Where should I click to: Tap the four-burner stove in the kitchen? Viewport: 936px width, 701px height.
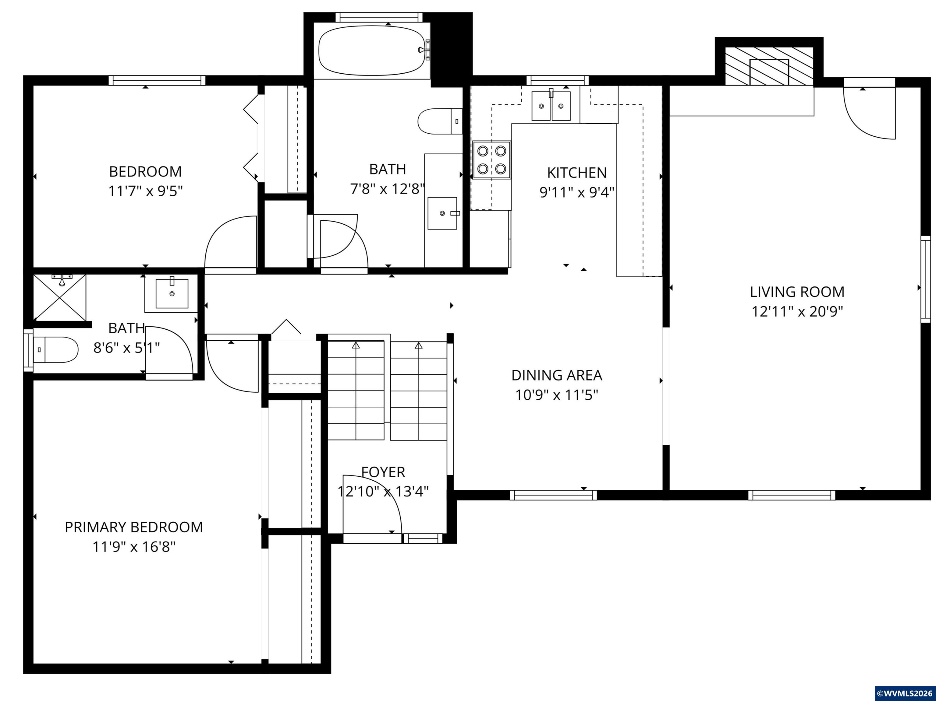(x=491, y=160)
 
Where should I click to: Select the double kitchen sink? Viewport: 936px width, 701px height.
(x=551, y=106)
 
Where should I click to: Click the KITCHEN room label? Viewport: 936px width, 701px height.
(x=577, y=173)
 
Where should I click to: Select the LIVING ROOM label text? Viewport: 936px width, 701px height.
(x=797, y=292)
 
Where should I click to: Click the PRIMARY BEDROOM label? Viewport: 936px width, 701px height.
(x=134, y=527)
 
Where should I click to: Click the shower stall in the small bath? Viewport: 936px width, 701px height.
(x=60, y=297)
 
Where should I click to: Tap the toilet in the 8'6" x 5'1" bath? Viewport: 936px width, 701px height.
(x=56, y=350)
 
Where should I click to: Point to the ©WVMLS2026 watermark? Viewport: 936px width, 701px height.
(x=905, y=693)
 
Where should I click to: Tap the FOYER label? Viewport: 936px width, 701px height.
(x=383, y=472)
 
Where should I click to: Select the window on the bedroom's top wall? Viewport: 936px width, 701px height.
(x=157, y=80)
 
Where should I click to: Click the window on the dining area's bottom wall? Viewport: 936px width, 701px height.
(x=553, y=495)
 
